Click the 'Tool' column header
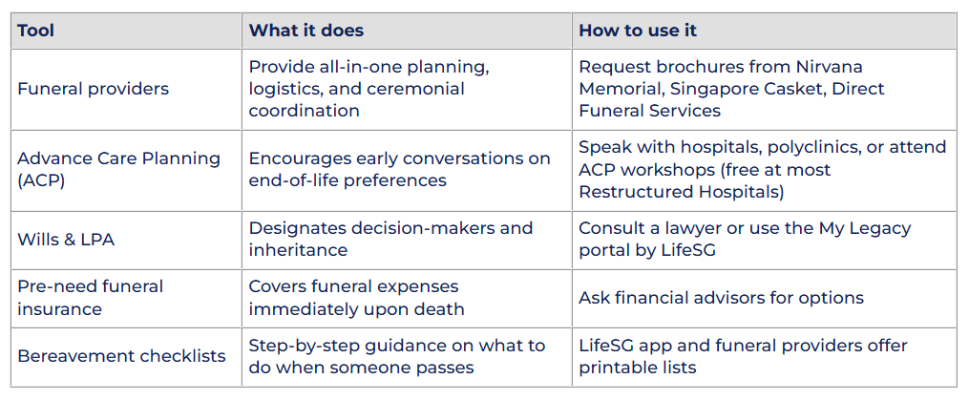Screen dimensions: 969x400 tap(35, 31)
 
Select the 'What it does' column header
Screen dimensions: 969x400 tap(305, 31)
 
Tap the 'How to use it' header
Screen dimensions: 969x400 tap(638, 31)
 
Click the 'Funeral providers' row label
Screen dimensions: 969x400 tap(93, 89)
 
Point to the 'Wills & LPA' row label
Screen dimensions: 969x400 tap(66, 240)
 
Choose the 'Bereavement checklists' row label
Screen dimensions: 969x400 tap(121, 356)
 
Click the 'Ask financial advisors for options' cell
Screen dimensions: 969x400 tap(721, 298)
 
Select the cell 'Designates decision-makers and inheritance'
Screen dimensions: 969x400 tap(390, 240)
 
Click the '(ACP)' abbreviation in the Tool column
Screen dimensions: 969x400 tap(41, 181)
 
